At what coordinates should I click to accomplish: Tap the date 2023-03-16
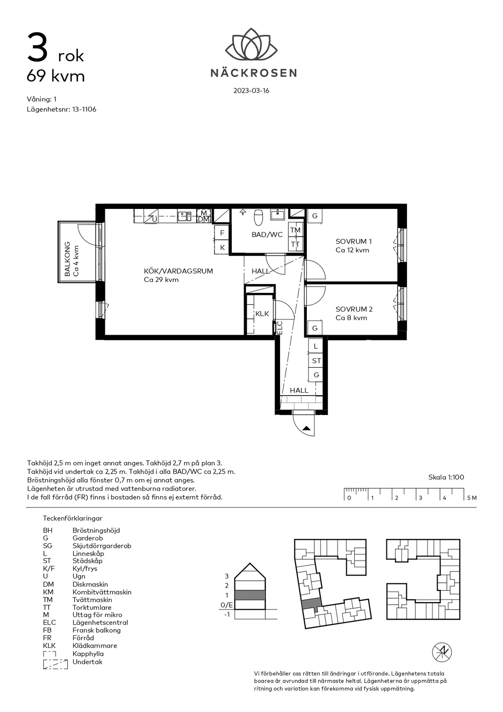pos(251,91)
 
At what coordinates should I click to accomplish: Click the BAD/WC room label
pos(267,235)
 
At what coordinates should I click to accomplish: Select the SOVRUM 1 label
pos(353,241)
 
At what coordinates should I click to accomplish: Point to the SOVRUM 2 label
pos(354,309)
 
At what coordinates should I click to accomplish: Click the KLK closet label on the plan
pos(262,314)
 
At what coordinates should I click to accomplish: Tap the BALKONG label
pos(67,259)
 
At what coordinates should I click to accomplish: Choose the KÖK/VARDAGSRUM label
pos(178,271)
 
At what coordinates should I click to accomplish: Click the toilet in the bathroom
pos(259,218)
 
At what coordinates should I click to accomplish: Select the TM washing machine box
pos(296,230)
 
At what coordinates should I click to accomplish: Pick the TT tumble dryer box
pos(296,244)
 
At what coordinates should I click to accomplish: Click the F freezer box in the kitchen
pos(222,233)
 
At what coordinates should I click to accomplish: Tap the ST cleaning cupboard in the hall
pos(316,361)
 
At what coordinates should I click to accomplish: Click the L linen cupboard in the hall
pos(316,346)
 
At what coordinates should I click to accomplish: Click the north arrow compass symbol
pos(442,652)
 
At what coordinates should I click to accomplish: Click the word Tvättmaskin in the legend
pos(92,600)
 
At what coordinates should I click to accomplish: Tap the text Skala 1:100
pos(446,477)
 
